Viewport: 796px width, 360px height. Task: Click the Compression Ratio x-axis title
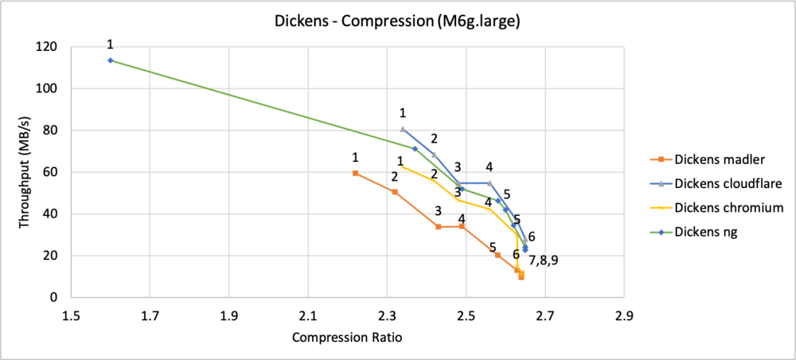pyautogui.click(x=347, y=337)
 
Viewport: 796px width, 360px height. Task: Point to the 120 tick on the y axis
pyautogui.click(x=47, y=47)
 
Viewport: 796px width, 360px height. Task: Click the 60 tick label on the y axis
pyautogui.click(x=51, y=172)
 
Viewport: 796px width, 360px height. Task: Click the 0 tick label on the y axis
pyautogui.click(x=54, y=297)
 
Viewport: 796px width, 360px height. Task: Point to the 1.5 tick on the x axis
pyautogui.click(x=71, y=315)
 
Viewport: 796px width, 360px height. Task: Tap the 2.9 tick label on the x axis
pyautogui.click(x=624, y=315)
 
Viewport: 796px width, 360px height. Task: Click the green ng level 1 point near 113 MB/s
pyautogui.click(x=111, y=61)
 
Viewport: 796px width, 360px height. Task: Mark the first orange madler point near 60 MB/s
pyautogui.click(x=355, y=173)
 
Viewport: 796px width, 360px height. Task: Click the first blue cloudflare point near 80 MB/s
pyautogui.click(x=403, y=129)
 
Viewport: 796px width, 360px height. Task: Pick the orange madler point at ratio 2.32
pyautogui.click(x=395, y=192)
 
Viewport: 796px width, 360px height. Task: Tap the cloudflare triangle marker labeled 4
pyautogui.click(x=490, y=183)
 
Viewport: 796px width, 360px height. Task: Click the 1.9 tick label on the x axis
pyautogui.click(x=229, y=315)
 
